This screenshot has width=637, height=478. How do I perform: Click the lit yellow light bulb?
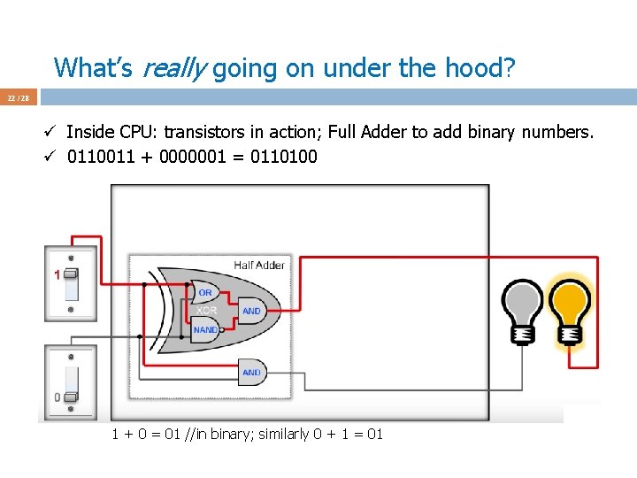[571, 305]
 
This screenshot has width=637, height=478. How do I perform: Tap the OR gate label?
[205, 293]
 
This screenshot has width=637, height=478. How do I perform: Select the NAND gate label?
[205, 329]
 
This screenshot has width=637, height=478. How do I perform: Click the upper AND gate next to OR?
[252, 311]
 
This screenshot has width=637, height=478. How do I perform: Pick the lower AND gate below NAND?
[252, 373]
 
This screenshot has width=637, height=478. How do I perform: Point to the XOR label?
[206, 311]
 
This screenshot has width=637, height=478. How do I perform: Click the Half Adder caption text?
[259, 266]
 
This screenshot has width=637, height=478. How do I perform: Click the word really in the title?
[174, 67]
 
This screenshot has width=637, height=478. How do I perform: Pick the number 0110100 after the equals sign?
[285, 158]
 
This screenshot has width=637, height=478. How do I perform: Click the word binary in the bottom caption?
[237, 435]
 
